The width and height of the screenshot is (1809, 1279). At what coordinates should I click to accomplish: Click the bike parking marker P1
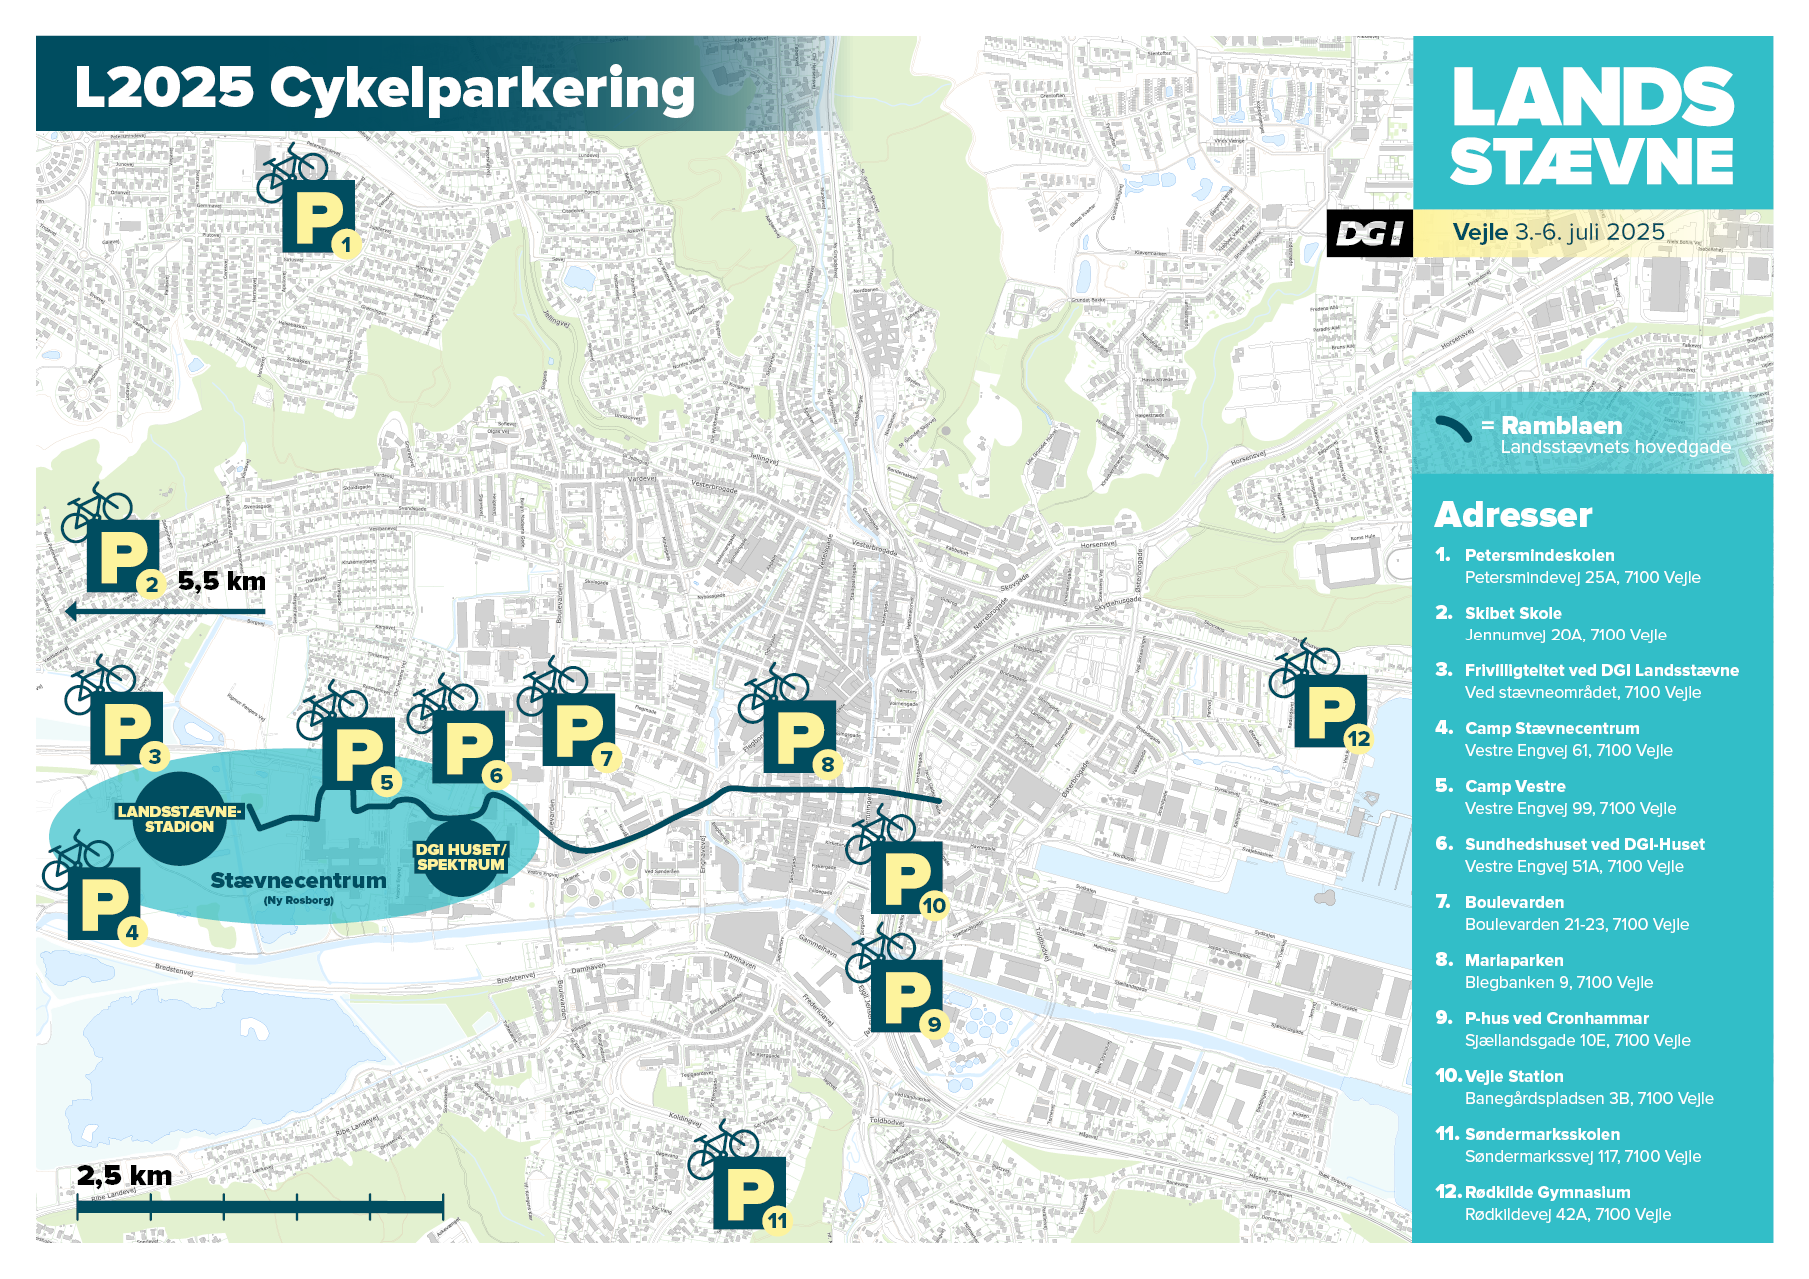[x=318, y=216]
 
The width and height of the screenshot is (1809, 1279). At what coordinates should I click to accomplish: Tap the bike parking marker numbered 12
[x=1330, y=711]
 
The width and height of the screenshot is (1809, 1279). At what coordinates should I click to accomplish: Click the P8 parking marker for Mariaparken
[x=799, y=736]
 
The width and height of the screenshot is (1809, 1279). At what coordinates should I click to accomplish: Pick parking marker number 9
[x=905, y=996]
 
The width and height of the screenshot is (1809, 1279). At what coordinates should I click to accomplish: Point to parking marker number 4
[x=104, y=904]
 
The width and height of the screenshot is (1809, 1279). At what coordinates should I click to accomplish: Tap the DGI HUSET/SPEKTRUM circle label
[x=461, y=857]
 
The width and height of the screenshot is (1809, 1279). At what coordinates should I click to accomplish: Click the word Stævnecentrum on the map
[x=298, y=881]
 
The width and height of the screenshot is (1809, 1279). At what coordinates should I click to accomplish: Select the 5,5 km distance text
[x=222, y=581]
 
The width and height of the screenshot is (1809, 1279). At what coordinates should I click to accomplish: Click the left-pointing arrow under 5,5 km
[x=165, y=611]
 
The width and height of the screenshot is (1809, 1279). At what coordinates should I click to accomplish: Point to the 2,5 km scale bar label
[x=124, y=1176]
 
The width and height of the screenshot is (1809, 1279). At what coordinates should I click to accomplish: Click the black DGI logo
[x=1369, y=234]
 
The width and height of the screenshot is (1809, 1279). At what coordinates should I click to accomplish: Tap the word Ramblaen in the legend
[x=1561, y=426]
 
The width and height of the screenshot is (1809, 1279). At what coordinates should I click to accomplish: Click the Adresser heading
[x=1513, y=515]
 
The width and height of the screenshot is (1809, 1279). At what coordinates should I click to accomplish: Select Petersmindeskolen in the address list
[x=1539, y=555]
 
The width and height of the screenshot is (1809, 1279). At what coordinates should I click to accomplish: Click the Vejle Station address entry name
[x=1513, y=1076]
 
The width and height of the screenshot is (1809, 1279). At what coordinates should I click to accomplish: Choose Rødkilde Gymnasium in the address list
[x=1547, y=1192]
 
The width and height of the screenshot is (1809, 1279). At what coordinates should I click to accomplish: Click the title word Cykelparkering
[x=482, y=88]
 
